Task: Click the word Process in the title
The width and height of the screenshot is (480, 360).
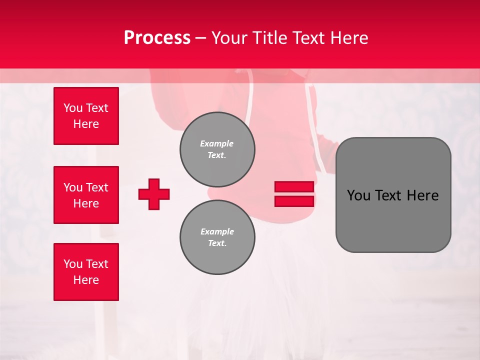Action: [157, 38]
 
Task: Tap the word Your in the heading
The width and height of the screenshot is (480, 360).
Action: [230, 38]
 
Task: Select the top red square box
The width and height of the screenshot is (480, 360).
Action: [86, 116]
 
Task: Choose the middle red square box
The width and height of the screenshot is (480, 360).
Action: [86, 195]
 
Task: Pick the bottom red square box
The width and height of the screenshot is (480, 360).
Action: [86, 272]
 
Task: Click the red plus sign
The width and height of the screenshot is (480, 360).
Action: [154, 194]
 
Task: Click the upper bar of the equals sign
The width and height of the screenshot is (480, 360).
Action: [294, 187]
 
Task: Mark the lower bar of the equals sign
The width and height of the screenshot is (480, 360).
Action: [294, 201]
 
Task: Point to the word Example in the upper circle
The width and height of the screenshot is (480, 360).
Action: [217, 143]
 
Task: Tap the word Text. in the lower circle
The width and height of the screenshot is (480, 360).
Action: [217, 243]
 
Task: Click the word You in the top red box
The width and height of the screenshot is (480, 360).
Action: [73, 108]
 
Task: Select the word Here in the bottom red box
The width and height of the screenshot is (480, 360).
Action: [86, 280]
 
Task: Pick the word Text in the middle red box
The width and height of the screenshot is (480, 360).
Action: [96, 187]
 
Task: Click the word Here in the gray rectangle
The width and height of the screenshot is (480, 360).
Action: [422, 195]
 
